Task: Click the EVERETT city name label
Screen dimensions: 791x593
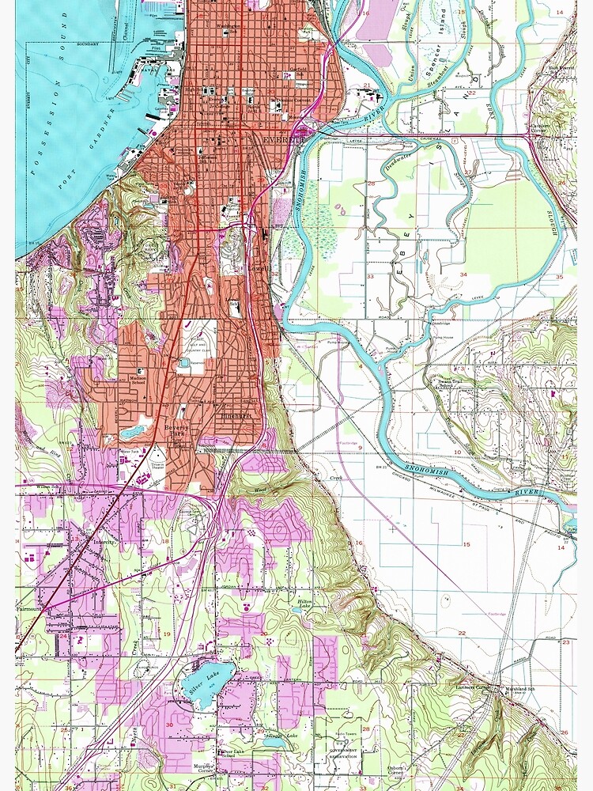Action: click(283, 139)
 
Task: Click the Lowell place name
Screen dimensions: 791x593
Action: click(260, 268)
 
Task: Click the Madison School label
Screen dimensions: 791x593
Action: click(142, 374)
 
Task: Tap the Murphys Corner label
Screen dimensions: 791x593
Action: click(200, 767)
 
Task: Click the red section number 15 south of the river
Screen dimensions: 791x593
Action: click(466, 544)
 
